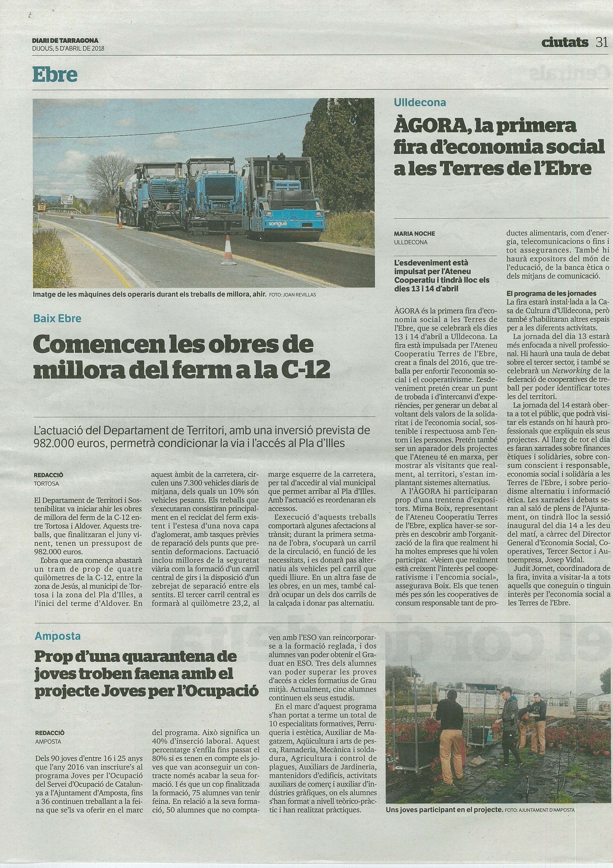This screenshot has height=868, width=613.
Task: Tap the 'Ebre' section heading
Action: tap(55, 75)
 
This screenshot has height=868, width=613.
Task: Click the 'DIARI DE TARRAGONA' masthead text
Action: tap(65, 40)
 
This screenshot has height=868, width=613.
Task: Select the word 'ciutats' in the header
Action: tap(565, 43)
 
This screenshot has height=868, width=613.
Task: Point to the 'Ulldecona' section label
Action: tap(420, 102)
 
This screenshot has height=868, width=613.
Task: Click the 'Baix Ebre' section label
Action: tap(57, 318)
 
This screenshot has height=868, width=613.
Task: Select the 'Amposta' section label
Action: tap(57, 636)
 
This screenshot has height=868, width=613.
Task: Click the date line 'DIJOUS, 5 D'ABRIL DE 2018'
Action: tap(68, 48)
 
